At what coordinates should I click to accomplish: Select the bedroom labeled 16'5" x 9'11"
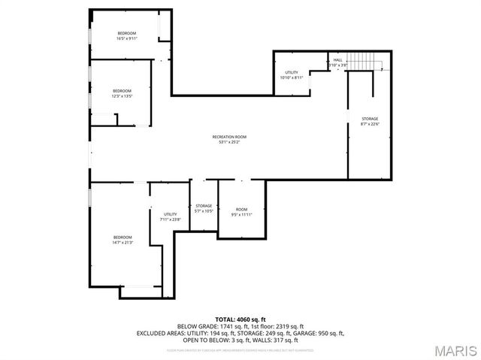coord(126,35)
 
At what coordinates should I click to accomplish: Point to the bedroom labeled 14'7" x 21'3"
coord(122,240)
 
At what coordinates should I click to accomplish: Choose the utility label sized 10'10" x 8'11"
coord(292,74)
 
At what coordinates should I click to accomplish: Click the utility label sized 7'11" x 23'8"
coord(171,217)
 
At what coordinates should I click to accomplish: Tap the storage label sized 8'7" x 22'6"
coord(370,121)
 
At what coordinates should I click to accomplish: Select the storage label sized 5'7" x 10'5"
coord(204,208)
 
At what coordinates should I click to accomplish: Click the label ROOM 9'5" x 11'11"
coord(241,212)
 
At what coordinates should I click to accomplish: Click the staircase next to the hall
coord(366,60)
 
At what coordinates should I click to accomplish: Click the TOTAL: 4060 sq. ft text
coord(240,319)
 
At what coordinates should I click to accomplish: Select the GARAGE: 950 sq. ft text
coord(322,333)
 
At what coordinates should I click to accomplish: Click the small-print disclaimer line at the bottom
coord(240,349)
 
